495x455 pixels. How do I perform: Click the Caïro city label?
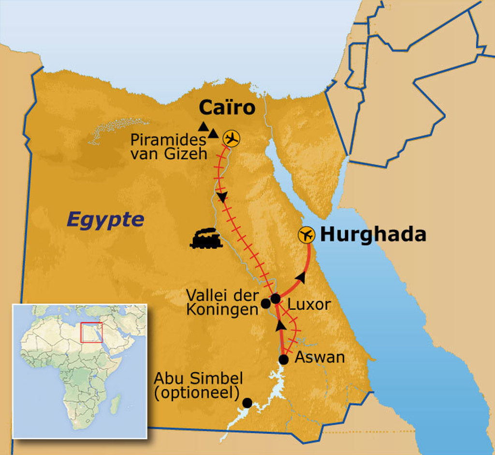click(227, 107)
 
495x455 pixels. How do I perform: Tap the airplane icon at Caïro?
click(232, 139)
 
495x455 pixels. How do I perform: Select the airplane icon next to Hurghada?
click(307, 235)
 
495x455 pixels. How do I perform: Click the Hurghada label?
click(373, 235)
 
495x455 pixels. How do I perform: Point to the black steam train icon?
click(206, 238)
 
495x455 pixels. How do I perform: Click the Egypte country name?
click(105, 220)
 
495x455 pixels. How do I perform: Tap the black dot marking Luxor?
click(275, 298)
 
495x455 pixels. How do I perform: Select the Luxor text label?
click(309, 304)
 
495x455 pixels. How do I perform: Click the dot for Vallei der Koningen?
click(265, 303)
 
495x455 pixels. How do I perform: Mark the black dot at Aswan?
click(284, 360)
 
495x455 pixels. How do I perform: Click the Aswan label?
click(320, 358)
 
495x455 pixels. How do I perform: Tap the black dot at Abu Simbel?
click(247, 402)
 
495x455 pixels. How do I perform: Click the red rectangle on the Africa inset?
click(91, 332)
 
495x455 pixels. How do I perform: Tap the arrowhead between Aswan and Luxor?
click(279, 325)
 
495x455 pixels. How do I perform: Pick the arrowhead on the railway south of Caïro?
click(222, 197)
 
